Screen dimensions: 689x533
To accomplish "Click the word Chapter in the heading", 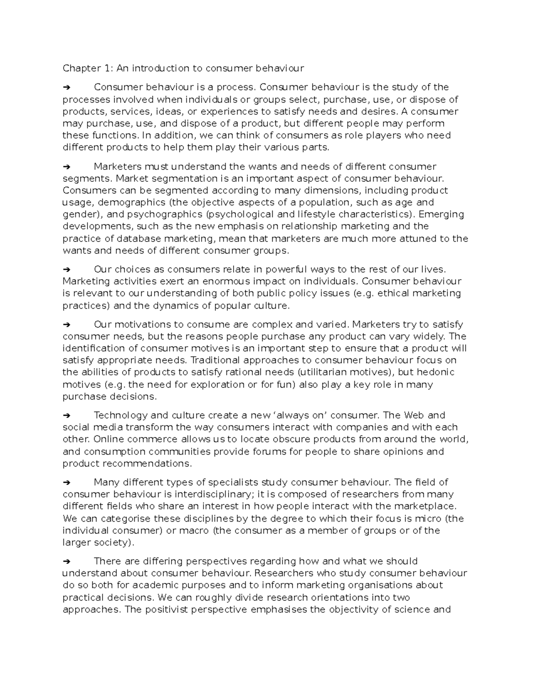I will (81, 68).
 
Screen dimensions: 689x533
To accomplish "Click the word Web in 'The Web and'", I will (414, 416).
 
